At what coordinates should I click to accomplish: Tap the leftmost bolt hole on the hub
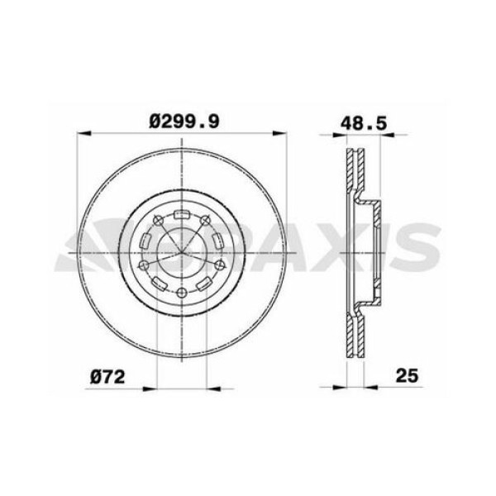click(x=142, y=265)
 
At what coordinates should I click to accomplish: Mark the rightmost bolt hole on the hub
click(x=222, y=265)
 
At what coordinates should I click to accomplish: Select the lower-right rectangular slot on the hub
click(x=204, y=284)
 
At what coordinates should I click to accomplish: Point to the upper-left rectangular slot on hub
click(x=146, y=241)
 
